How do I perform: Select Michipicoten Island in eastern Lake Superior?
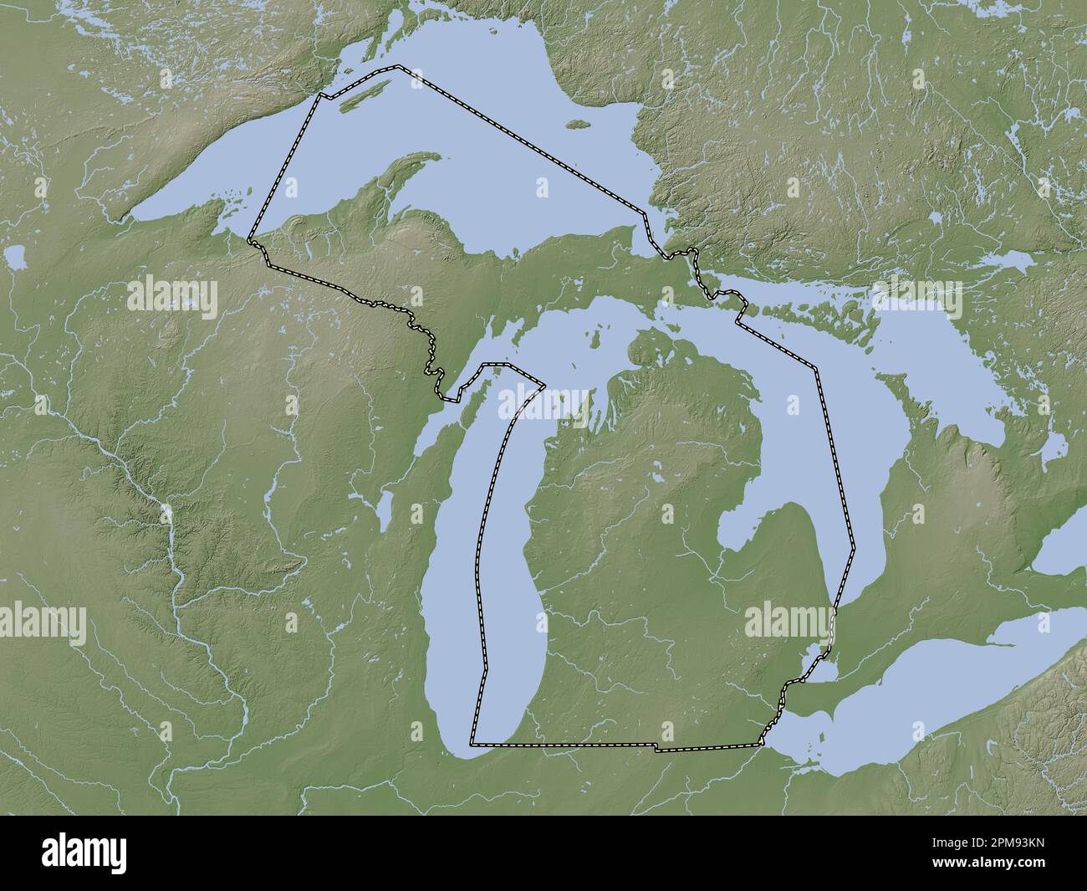[x=574, y=125]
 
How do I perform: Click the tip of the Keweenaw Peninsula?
[x=436, y=156]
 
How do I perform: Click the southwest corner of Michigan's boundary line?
[x=472, y=742]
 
